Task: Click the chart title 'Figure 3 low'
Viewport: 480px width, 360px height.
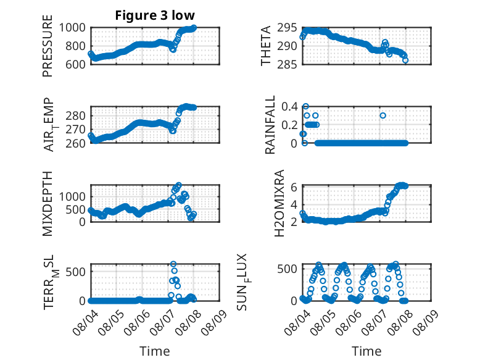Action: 155,15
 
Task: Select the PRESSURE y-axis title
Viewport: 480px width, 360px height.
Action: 48,46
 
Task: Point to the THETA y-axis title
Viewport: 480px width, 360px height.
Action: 266,46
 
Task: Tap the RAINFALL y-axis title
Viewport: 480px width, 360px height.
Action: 270,125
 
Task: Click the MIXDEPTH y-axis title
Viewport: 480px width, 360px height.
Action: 48,204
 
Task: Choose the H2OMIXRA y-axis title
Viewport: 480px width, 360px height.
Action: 279,203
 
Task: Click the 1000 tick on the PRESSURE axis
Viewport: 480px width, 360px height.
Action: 72,28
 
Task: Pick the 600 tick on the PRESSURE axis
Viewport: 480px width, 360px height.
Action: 75,64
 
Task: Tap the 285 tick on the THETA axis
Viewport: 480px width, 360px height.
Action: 287,64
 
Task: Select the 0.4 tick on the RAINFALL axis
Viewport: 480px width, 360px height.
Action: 289,107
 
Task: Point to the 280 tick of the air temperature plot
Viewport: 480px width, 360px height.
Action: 75,116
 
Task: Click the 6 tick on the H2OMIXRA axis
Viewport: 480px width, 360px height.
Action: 294,186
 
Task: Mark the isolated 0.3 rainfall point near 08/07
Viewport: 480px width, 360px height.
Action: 383,115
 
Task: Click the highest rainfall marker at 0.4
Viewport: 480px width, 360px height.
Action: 305,107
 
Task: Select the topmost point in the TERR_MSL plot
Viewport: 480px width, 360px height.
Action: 173,264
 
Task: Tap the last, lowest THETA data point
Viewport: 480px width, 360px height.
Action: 405,61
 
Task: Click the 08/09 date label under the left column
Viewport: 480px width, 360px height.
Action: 214,322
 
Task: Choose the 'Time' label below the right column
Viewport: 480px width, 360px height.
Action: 366,351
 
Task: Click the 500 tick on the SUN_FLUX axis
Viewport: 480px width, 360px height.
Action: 287,269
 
